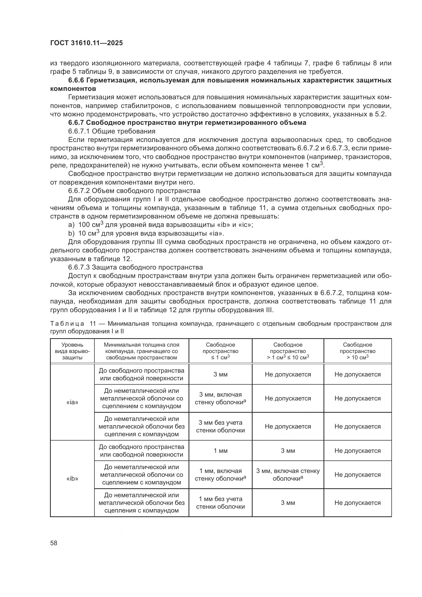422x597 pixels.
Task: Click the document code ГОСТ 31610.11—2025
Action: point(86,43)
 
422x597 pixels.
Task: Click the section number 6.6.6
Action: point(76,80)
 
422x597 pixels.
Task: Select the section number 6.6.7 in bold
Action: point(76,123)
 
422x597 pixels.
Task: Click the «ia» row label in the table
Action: point(72,402)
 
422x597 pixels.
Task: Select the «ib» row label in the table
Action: point(72,478)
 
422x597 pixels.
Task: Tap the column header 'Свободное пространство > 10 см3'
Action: point(357,351)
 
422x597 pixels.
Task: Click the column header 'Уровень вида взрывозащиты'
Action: point(72,351)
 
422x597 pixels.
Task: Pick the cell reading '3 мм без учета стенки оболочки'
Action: point(220,427)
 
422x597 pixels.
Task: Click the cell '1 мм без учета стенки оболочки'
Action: point(220,503)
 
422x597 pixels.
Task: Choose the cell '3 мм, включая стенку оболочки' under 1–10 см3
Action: point(288,474)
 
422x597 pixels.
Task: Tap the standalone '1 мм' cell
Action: point(220,450)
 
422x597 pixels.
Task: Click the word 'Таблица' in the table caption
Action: point(67,324)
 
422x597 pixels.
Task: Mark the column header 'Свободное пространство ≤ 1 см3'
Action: point(220,351)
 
